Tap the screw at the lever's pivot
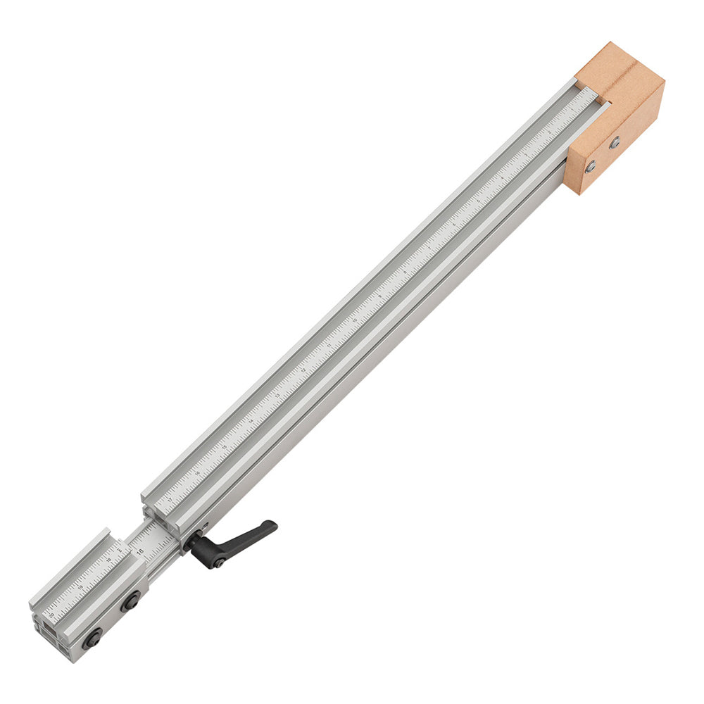tap(220, 562)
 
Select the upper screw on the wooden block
tap(615, 142)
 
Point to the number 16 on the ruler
tap(196, 473)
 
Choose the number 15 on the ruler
tap(224, 447)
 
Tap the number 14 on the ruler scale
tap(251, 421)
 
